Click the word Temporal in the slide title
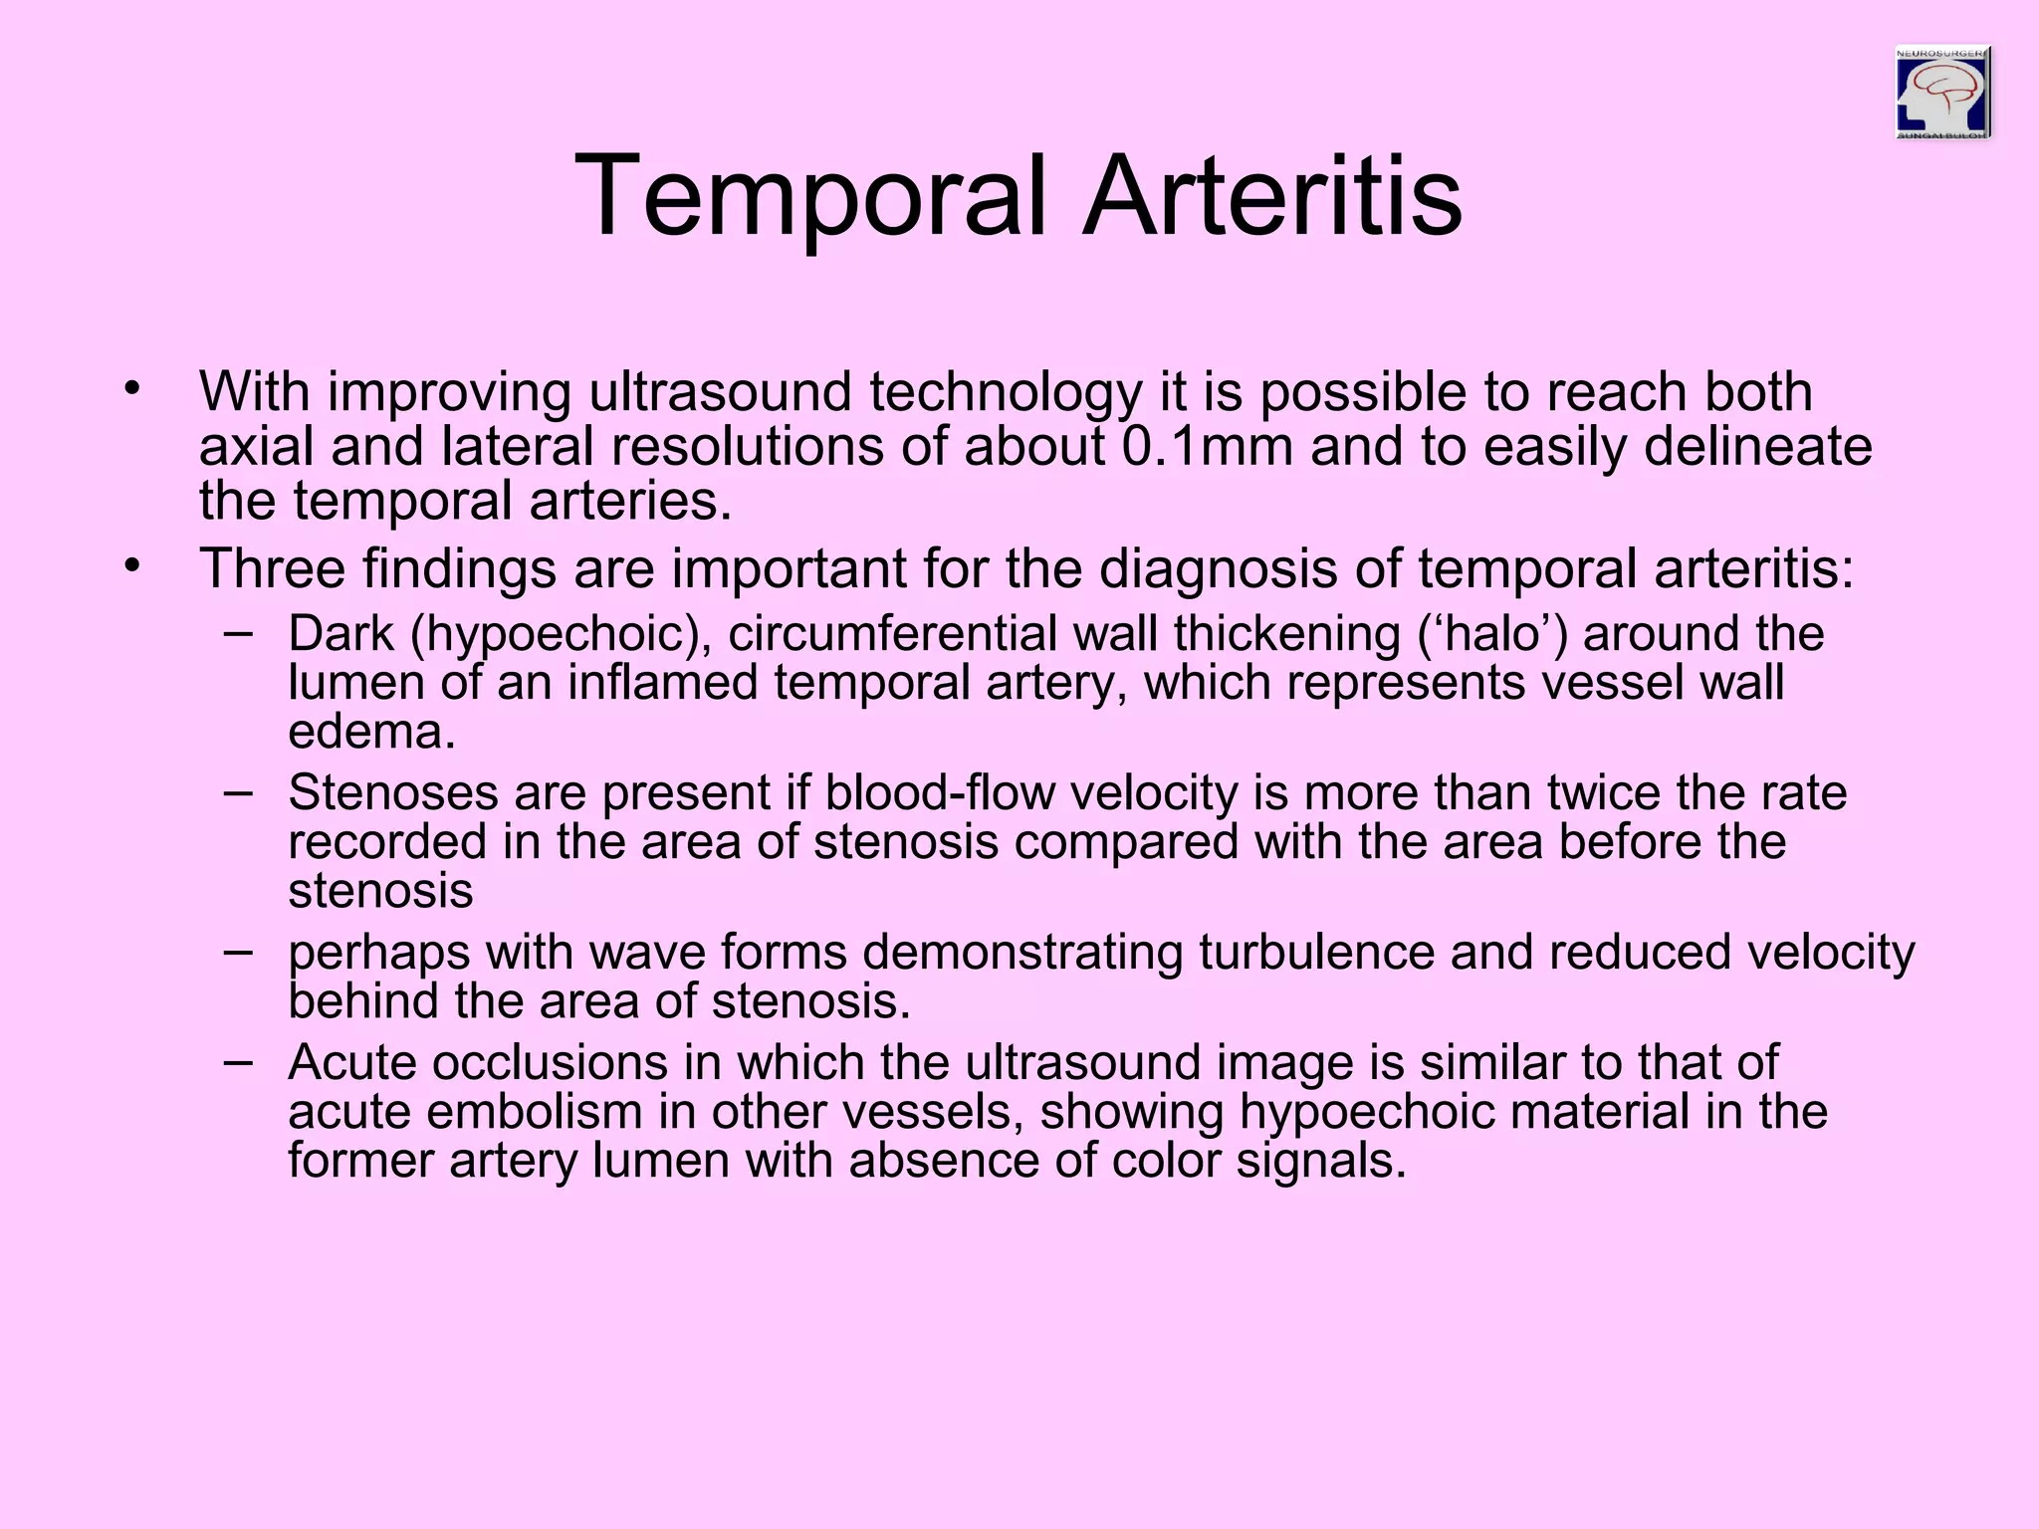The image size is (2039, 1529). pos(811,196)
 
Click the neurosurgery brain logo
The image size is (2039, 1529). pos(1942,92)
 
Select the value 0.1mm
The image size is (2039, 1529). pos(1207,446)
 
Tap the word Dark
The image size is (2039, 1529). pos(340,634)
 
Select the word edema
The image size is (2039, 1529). pos(371,733)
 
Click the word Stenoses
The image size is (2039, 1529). pos(392,793)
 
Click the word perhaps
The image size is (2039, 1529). pos(378,954)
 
